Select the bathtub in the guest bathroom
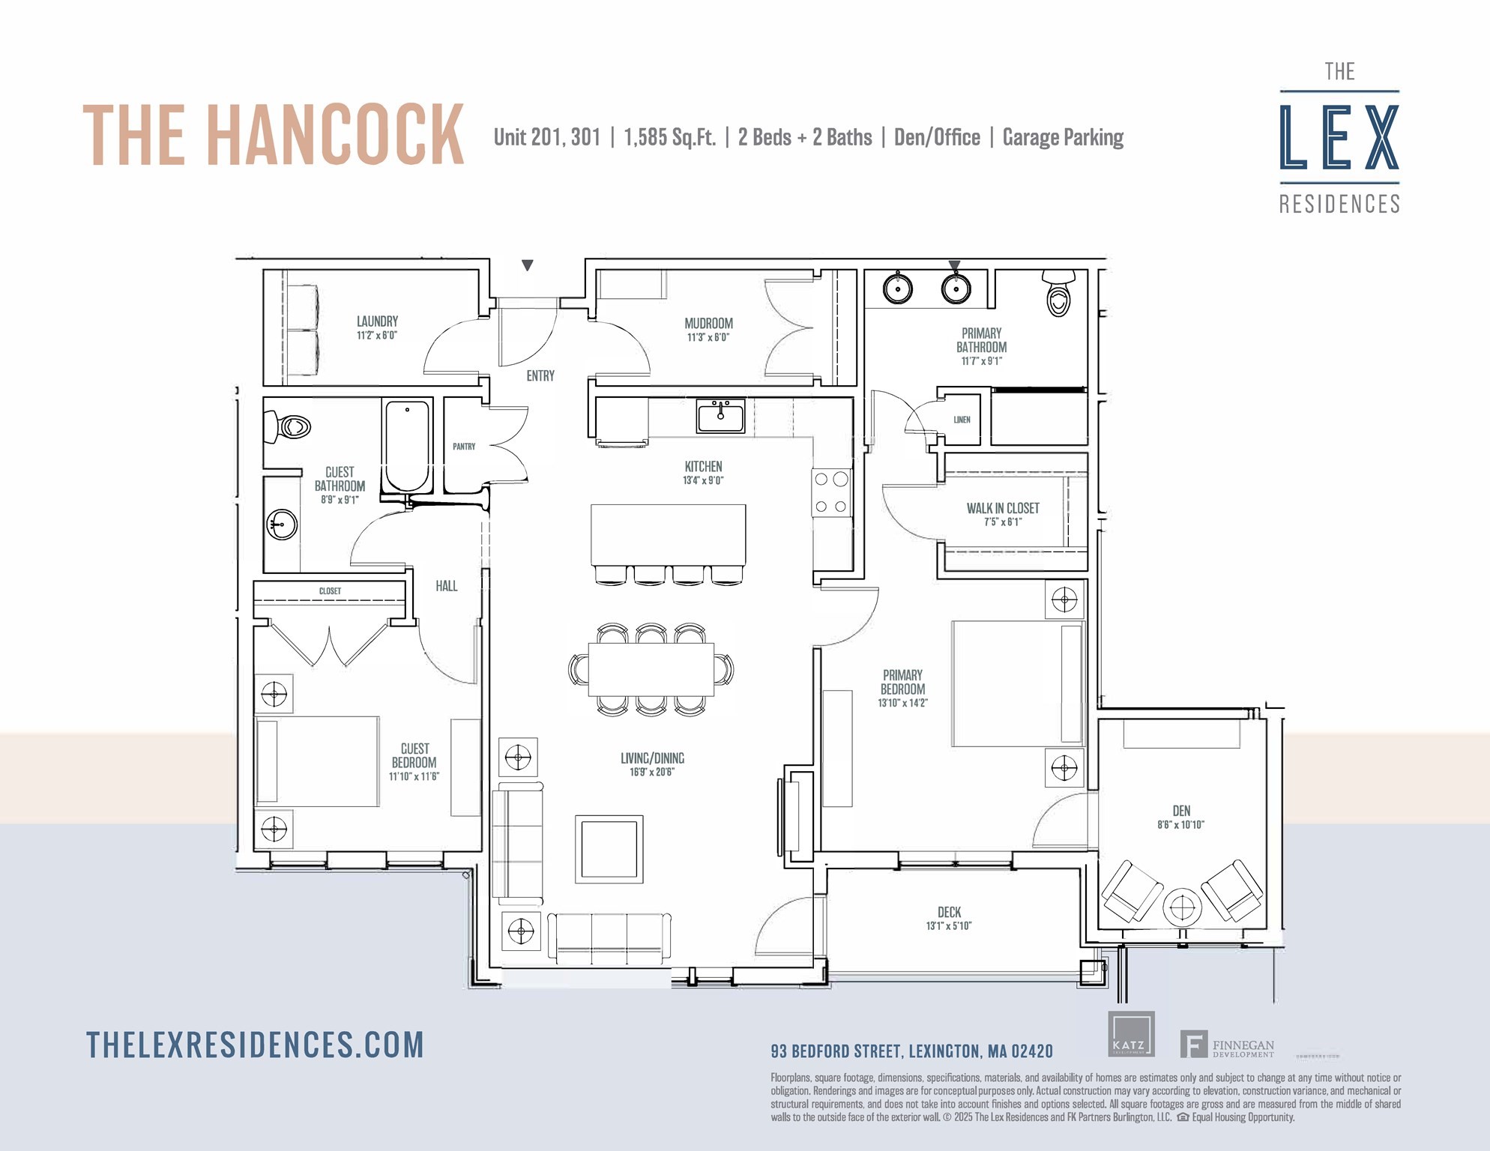[x=407, y=446]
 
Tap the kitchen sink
[x=720, y=416]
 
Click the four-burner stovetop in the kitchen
[x=831, y=493]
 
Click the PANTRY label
[x=464, y=447]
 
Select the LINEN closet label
[x=962, y=420]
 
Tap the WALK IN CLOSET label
[x=1003, y=508]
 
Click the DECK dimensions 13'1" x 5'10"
[x=949, y=926]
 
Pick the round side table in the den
[x=1182, y=907]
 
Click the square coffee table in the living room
[x=609, y=848]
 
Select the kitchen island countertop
[x=668, y=535]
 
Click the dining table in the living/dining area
[x=651, y=669]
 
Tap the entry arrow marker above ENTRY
[x=528, y=265]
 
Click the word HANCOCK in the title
[x=335, y=135]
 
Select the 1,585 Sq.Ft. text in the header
[x=669, y=138]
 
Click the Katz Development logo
[x=1131, y=1035]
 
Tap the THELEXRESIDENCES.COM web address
[x=255, y=1045]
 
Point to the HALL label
[x=446, y=586]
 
